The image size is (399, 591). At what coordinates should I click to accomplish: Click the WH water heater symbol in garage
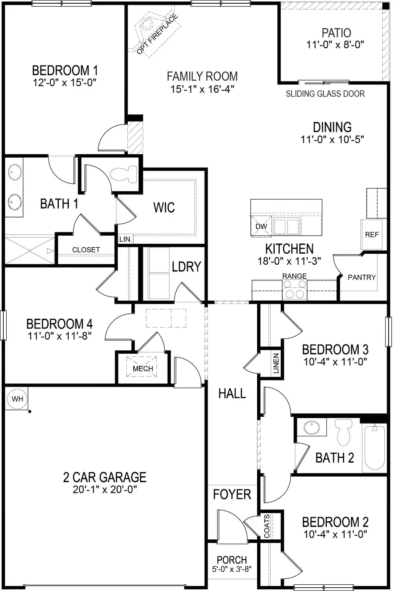click(x=17, y=399)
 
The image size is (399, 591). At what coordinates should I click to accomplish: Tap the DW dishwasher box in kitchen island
click(x=261, y=226)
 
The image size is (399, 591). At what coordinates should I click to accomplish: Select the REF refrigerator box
click(x=372, y=234)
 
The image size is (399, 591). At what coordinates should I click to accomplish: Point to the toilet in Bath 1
click(x=123, y=174)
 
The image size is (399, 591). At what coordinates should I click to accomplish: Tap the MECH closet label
click(x=143, y=369)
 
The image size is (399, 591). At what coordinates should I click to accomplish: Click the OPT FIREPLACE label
click(x=157, y=34)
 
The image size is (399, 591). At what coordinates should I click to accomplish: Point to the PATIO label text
click(x=336, y=33)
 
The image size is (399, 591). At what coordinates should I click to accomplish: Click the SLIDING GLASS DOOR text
click(x=325, y=94)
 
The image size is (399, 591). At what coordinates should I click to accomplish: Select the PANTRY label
click(x=361, y=277)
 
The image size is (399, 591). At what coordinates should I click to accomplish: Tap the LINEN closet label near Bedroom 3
click(x=276, y=364)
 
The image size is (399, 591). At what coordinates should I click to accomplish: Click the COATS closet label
click(x=267, y=526)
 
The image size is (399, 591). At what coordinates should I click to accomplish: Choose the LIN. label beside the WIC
click(x=125, y=239)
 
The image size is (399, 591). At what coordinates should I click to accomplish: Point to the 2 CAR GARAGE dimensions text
click(x=105, y=490)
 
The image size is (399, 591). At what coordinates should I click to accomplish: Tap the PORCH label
click(x=232, y=560)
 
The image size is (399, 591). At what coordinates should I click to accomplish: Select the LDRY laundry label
click(x=186, y=267)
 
